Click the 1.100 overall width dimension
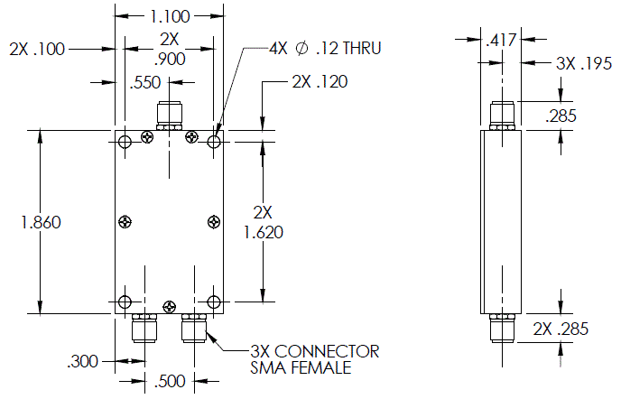click(x=170, y=16)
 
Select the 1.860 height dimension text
click(x=41, y=222)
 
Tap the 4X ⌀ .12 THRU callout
click(x=325, y=49)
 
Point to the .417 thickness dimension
click(x=501, y=40)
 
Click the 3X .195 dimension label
click(x=584, y=63)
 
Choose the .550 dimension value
click(x=145, y=83)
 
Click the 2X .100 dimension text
click(x=37, y=50)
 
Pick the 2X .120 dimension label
click(x=320, y=81)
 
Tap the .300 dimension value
click(x=82, y=361)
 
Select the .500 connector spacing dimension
click(x=170, y=381)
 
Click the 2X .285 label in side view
click(x=561, y=329)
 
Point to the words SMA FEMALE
click(x=301, y=367)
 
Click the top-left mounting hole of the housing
click(x=125, y=142)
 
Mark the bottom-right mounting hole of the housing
click(x=214, y=302)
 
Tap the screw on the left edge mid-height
click(x=125, y=222)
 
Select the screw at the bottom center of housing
click(x=170, y=306)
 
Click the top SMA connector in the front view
click(x=170, y=116)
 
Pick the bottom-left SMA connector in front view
click(x=144, y=328)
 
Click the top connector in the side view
click(x=502, y=116)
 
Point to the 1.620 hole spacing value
click(x=264, y=233)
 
